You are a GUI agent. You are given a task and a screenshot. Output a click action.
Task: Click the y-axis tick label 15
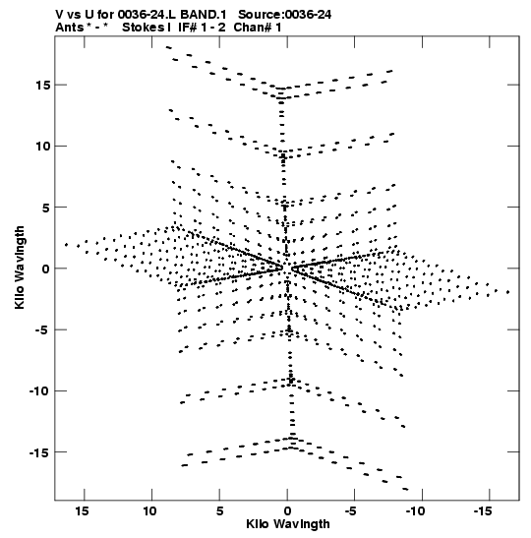[x=42, y=86]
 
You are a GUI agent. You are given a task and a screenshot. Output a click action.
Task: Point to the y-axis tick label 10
[x=42, y=147]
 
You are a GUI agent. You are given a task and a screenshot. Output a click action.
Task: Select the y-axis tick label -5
[x=42, y=329]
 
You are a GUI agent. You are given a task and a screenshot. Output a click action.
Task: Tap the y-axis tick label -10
[x=39, y=391]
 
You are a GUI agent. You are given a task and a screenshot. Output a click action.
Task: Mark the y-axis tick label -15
[x=39, y=452]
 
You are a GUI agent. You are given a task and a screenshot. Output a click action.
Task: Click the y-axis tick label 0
[x=46, y=269]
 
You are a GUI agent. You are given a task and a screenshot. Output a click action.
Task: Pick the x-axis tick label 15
[x=82, y=511]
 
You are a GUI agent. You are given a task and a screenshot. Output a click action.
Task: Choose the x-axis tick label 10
[x=149, y=511]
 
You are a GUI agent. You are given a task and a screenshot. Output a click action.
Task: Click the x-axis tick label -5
[x=351, y=511]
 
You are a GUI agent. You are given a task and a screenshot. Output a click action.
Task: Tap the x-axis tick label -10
[x=415, y=511]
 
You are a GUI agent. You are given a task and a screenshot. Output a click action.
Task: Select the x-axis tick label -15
[x=484, y=511]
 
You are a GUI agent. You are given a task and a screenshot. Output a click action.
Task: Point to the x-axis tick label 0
[x=287, y=511]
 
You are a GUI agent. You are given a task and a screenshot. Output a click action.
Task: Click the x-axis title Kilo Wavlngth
[x=288, y=524]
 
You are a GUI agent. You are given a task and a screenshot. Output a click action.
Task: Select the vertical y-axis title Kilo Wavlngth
[x=20, y=268]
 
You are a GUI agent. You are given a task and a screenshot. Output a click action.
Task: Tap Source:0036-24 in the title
[x=285, y=15]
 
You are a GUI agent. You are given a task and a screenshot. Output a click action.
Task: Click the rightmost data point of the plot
[x=508, y=292]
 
